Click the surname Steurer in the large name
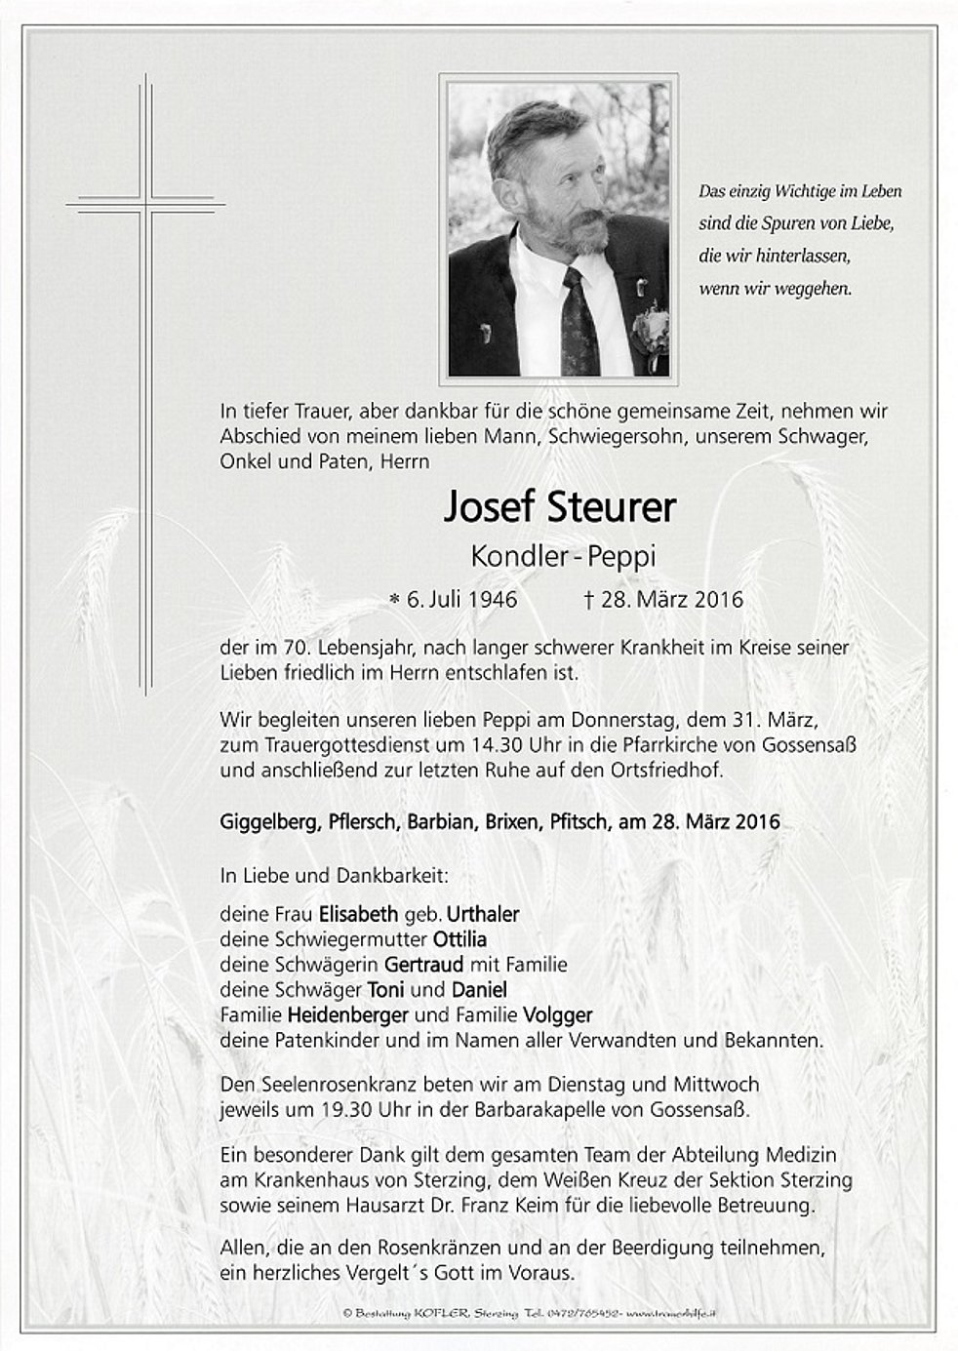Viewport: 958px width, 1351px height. [606, 508]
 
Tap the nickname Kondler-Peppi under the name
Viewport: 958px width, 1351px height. [563, 556]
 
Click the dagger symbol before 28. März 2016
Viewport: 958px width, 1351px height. [588, 599]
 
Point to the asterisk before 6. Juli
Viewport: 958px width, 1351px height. [394, 600]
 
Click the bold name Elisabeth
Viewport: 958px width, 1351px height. [359, 915]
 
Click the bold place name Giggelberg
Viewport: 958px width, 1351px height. [265, 822]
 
